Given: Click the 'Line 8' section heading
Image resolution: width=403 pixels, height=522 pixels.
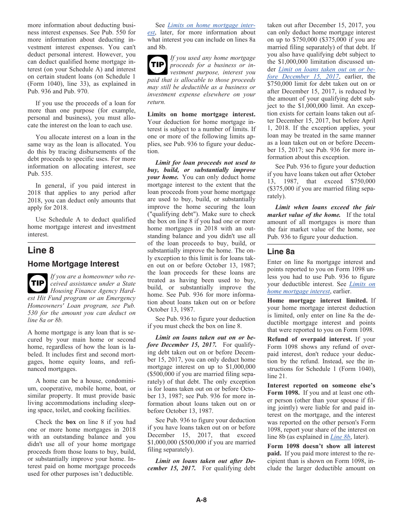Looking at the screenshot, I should (41, 250).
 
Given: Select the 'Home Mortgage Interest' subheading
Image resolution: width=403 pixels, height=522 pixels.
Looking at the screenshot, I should (73, 264).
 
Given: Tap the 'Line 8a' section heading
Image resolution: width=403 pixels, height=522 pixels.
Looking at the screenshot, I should (281, 252).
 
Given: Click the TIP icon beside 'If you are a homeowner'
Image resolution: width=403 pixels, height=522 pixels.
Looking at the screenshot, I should (37, 283).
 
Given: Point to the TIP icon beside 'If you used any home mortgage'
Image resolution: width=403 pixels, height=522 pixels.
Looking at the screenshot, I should (157, 65).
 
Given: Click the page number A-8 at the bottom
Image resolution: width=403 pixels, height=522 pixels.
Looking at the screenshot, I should (201, 500).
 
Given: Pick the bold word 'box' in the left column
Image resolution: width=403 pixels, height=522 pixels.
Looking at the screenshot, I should (71, 422).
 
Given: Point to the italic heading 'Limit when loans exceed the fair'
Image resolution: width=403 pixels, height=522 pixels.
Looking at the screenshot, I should (325, 208).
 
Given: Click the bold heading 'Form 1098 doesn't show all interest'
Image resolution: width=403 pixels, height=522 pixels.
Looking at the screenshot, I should (321, 446).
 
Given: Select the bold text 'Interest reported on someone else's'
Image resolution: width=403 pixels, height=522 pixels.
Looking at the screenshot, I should (321, 385).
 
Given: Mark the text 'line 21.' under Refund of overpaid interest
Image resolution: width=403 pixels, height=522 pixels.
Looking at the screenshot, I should (277, 376).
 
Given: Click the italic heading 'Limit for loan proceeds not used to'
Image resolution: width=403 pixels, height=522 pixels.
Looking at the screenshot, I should (205, 163).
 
